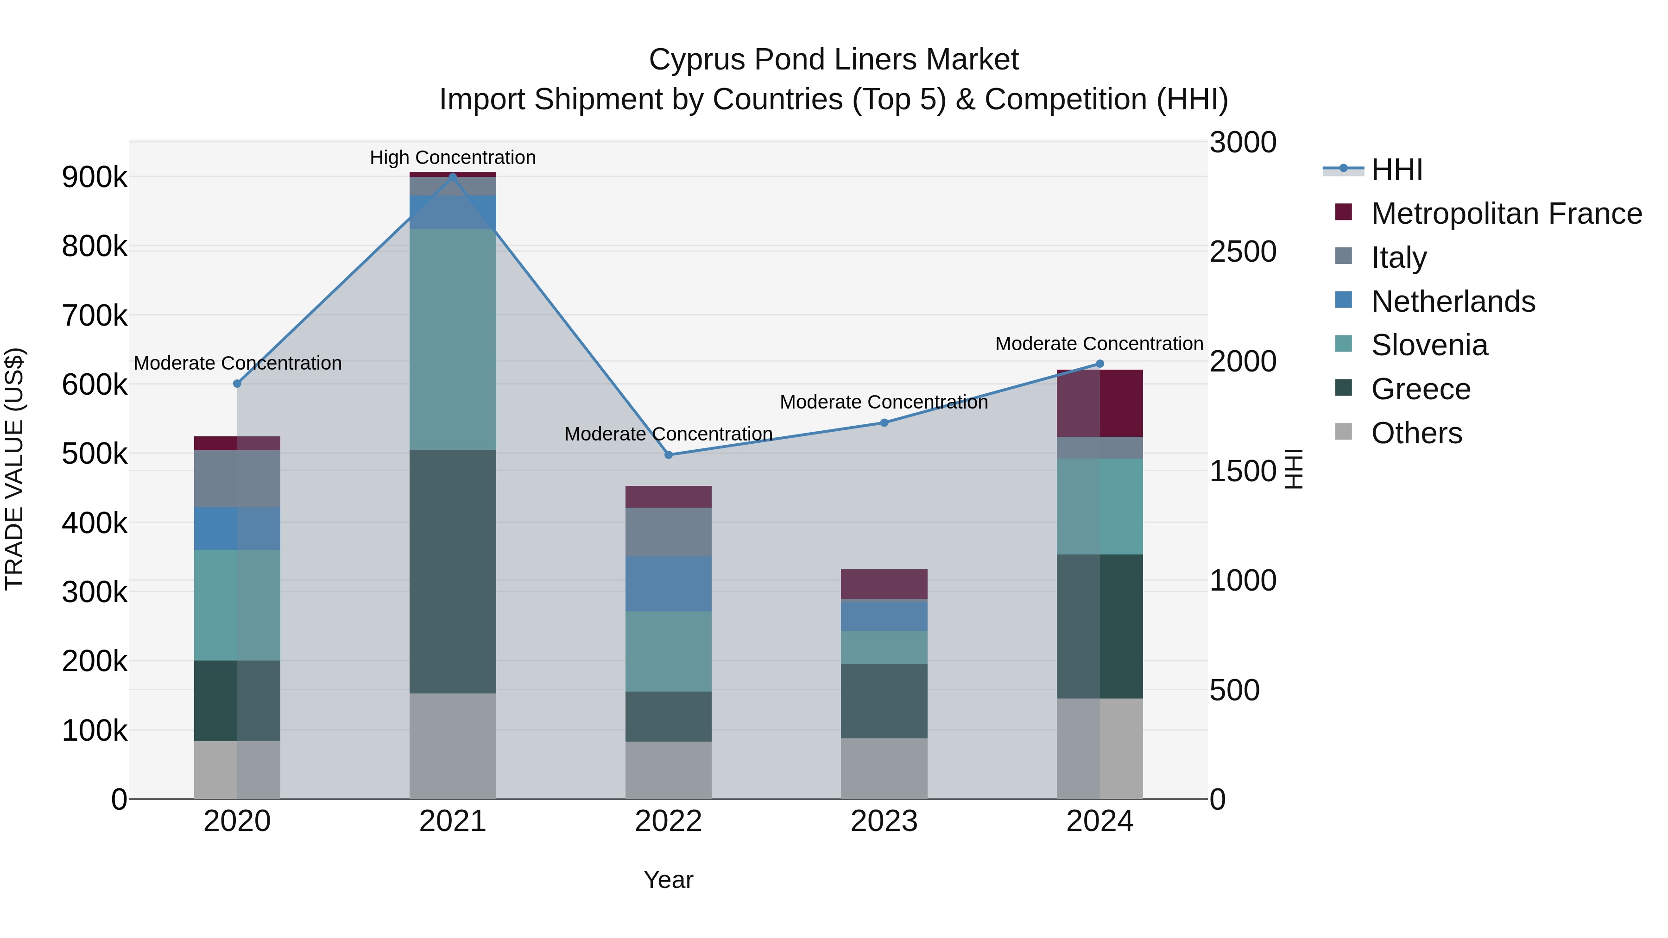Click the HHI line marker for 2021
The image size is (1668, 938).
(x=453, y=176)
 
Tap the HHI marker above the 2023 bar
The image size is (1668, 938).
(x=885, y=423)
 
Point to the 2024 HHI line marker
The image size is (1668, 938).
(x=1099, y=364)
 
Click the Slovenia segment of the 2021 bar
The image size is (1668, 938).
(x=453, y=339)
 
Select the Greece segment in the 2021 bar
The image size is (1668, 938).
(x=453, y=572)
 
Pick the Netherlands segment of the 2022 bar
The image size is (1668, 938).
(x=668, y=584)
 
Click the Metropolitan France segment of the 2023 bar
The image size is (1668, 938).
(x=885, y=585)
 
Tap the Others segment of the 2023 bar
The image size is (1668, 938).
(x=885, y=768)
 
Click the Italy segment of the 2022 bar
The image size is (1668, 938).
(x=668, y=532)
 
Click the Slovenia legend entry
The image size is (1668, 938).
(x=1412, y=345)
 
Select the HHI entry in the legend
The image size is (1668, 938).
(x=1373, y=170)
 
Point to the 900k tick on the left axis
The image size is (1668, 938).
(x=95, y=177)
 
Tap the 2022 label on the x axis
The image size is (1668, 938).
(x=668, y=821)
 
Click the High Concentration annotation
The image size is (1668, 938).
(x=453, y=157)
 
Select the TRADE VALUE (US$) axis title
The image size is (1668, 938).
(x=14, y=469)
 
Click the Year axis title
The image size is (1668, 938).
(x=668, y=880)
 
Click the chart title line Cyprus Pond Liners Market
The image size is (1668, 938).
(x=834, y=60)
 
